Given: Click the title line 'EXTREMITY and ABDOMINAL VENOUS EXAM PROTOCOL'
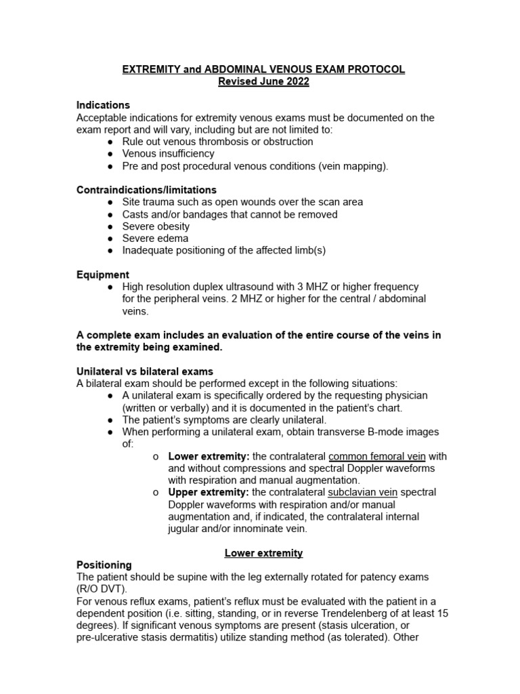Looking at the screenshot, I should tap(263, 70).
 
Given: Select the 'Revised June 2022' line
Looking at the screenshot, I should tap(263, 81).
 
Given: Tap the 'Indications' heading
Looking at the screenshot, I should tap(103, 106).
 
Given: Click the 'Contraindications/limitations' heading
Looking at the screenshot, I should tap(146, 190).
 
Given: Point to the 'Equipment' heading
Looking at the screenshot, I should tap(103, 274).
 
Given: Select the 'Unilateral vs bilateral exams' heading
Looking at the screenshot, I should tap(145, 371).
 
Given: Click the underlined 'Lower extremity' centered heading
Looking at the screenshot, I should tap(263, 553).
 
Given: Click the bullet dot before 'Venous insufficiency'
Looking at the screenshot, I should tap(110, 154).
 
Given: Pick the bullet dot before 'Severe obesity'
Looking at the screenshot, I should tap(110, 226).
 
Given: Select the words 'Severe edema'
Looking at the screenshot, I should tap(155, 239).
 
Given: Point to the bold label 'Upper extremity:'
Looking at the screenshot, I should tap(208, 493).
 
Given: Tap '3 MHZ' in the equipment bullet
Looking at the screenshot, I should tap(319, 287).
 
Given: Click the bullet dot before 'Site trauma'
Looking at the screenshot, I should tap(110, 202).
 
